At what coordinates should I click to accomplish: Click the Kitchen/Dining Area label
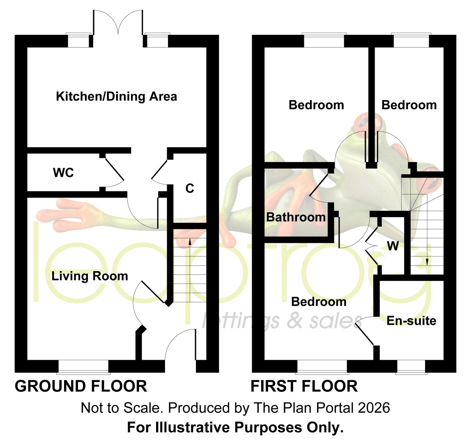pyautogui.click(x=117, y=97)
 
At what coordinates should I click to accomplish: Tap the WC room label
pyautogui.click(x=63, y=173)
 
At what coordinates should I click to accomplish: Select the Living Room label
pyautogui.click(x=90, y=276)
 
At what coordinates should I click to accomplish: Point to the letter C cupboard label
pyautogui.click(x=190, y=188)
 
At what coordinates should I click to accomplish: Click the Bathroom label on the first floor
pyautogui.click(x=296, y=217)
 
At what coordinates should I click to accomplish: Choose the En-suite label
pyautogui.click(x=411, y=320)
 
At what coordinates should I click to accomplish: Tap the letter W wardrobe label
pyautogui.click(x=393, y=246)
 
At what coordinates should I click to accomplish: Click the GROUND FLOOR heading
pyautogui.click(x=81, y=386)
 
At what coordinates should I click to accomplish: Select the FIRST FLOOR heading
pyautogui.click(x=304, y=386)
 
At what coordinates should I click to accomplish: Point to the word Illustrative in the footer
pyautogui.click(x=195, y=427)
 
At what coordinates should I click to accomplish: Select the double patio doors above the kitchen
pyautogui.click(x=118, y=26)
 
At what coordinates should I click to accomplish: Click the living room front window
pyautogui.click(x=83, y=367)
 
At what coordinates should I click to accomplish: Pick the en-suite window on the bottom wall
pyautogui.click(x=411, y=367)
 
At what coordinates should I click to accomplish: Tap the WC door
pyautogui.click(x=114, y=170)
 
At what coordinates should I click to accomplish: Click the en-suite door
pyautogui.click(x=365, y=331)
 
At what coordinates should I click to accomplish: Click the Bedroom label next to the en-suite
pyautogui.click(x=319, y=301)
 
